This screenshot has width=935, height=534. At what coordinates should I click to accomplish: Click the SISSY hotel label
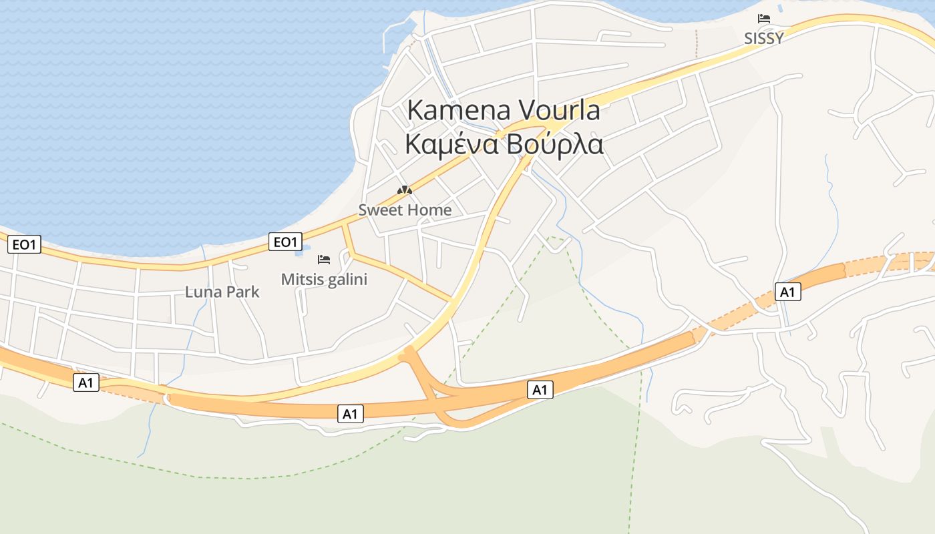763,39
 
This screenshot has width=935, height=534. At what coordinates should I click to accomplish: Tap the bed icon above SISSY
763,19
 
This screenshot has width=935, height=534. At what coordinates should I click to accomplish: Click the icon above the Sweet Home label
405,190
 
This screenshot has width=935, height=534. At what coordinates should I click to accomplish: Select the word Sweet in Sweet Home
381,210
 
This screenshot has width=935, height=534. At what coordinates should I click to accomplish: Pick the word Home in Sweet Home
430,210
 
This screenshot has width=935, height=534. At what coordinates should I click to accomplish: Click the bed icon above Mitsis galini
324,259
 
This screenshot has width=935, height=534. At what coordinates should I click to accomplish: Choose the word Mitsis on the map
301,280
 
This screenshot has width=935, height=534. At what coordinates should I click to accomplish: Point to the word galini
346,280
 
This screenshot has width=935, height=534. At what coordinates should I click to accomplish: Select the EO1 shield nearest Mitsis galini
285,242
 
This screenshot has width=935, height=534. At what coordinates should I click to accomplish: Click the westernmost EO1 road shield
25,245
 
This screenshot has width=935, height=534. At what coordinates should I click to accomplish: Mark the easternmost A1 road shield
787,292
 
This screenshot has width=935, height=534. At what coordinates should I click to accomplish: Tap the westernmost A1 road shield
86,382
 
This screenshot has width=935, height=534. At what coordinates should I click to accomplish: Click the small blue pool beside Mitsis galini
299,254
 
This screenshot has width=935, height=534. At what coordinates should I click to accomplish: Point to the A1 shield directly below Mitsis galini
350,414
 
